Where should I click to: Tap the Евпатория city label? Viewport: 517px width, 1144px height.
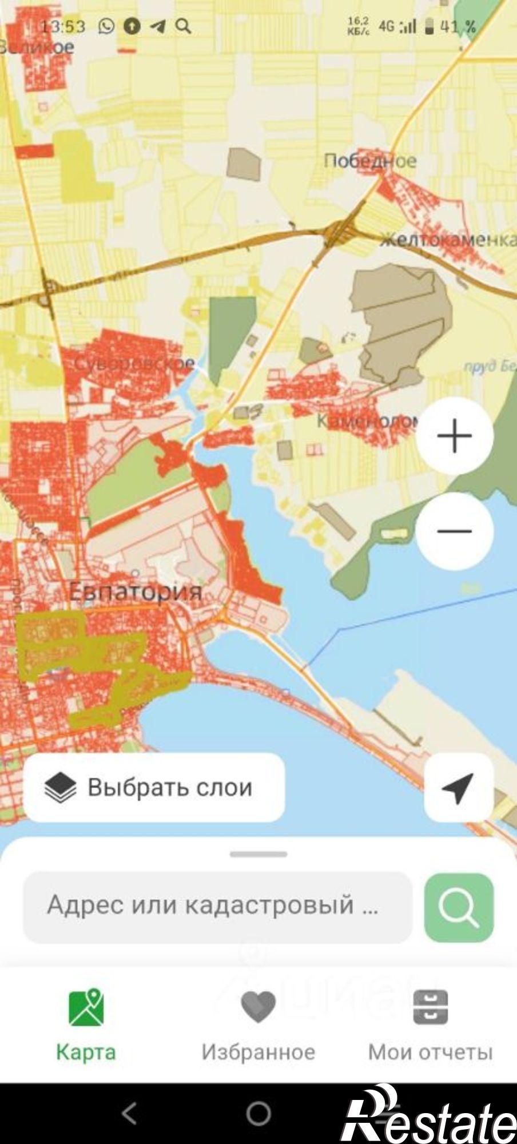click(136, 591)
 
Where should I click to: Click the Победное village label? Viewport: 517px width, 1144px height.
click(370, 161)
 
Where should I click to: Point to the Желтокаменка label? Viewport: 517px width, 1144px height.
click(448, 239)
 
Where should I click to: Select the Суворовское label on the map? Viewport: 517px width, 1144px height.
click(135, 363)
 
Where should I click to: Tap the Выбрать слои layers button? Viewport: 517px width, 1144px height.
click(154, 788)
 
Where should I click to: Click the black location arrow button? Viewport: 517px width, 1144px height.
click(458, 788)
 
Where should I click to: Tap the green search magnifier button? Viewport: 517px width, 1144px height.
click(459, 907)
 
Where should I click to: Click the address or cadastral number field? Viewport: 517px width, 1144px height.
click(217, 907)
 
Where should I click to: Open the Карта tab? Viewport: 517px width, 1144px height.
click(86, 1024)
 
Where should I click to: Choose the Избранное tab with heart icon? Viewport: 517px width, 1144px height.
click(258, 1024)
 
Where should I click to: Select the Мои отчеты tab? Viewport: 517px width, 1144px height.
click(430, 1024)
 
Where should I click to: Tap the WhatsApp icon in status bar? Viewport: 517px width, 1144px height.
click(106, 26)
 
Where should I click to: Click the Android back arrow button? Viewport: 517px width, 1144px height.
click(130, 1113)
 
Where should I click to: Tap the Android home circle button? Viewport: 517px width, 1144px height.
click(258, 1113)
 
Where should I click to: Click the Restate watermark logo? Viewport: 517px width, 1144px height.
click(429, 1115)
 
